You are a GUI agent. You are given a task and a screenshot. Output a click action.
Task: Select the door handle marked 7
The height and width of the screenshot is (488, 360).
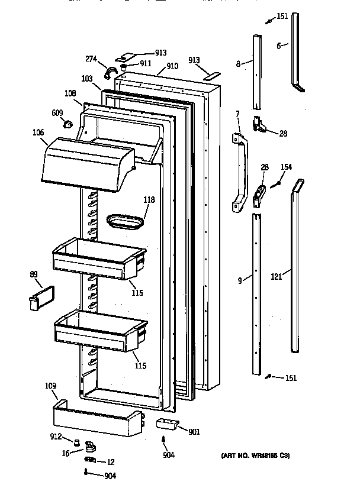240,172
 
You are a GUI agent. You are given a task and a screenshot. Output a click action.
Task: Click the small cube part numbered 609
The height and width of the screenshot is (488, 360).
68,124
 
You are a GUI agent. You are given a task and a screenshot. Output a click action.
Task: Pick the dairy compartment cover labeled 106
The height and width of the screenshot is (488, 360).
86,163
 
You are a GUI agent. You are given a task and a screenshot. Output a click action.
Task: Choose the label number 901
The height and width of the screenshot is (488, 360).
194,432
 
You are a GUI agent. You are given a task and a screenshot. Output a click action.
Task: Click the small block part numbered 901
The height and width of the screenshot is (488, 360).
166,424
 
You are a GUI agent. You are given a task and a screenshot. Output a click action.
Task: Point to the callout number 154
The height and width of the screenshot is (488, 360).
286,167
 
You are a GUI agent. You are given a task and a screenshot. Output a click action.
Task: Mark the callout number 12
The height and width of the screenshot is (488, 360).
110,461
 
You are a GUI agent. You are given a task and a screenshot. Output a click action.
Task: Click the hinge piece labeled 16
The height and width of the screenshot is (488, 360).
89,447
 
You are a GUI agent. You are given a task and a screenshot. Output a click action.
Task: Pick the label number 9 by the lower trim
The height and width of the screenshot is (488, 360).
239,281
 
